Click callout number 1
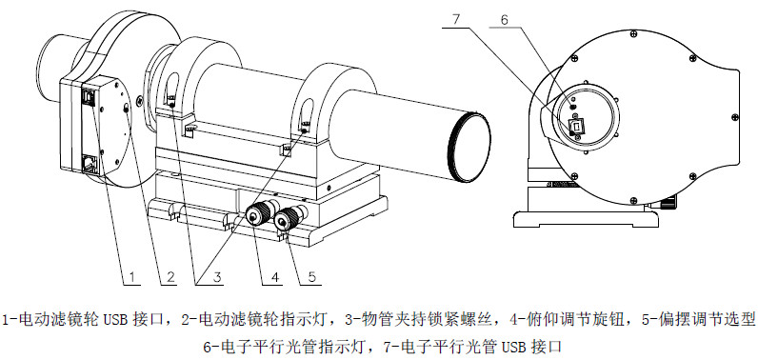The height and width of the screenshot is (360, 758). click(x=131, y=277)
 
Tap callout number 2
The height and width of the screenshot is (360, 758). click(x=170, y=277)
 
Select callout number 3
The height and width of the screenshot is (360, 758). click(x=217, y=277)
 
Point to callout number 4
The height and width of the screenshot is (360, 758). click(x=274, y=277)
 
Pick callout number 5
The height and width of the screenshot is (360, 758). click(x=311, y=277)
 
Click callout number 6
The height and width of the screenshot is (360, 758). click(x=504, y=20)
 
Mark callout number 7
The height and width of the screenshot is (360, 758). click(x=455, y=20)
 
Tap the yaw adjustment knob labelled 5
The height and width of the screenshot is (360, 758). click(x=283, y=220)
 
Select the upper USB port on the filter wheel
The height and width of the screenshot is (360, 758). click(x=89, y=98)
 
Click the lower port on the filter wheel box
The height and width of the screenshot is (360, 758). click(x=89, y=165)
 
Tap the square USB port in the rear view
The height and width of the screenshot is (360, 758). click(x=576, y=128)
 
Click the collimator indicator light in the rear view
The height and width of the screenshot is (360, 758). click(x=574, y=106)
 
